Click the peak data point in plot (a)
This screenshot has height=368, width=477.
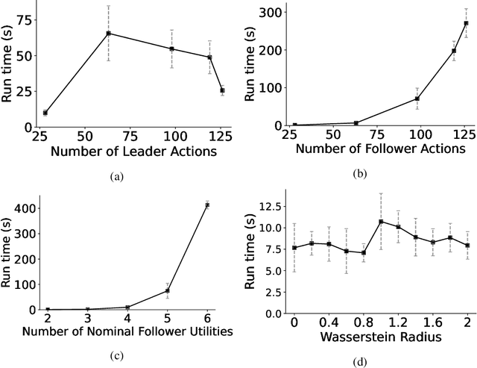109,33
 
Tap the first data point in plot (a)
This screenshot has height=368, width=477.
45,113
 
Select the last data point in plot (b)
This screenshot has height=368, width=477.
466,23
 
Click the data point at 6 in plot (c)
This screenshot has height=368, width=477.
207,205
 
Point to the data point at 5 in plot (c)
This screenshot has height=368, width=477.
168,290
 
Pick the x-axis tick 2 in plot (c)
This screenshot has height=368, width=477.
48,319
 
